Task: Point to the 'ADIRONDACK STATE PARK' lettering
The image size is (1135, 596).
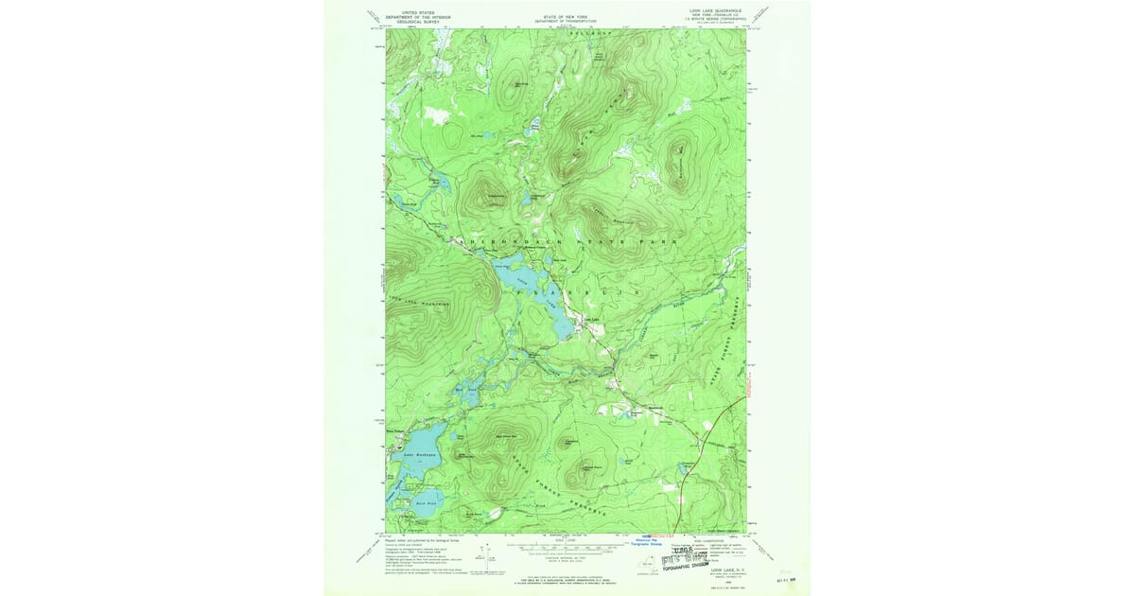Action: click(x=567, y=242)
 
